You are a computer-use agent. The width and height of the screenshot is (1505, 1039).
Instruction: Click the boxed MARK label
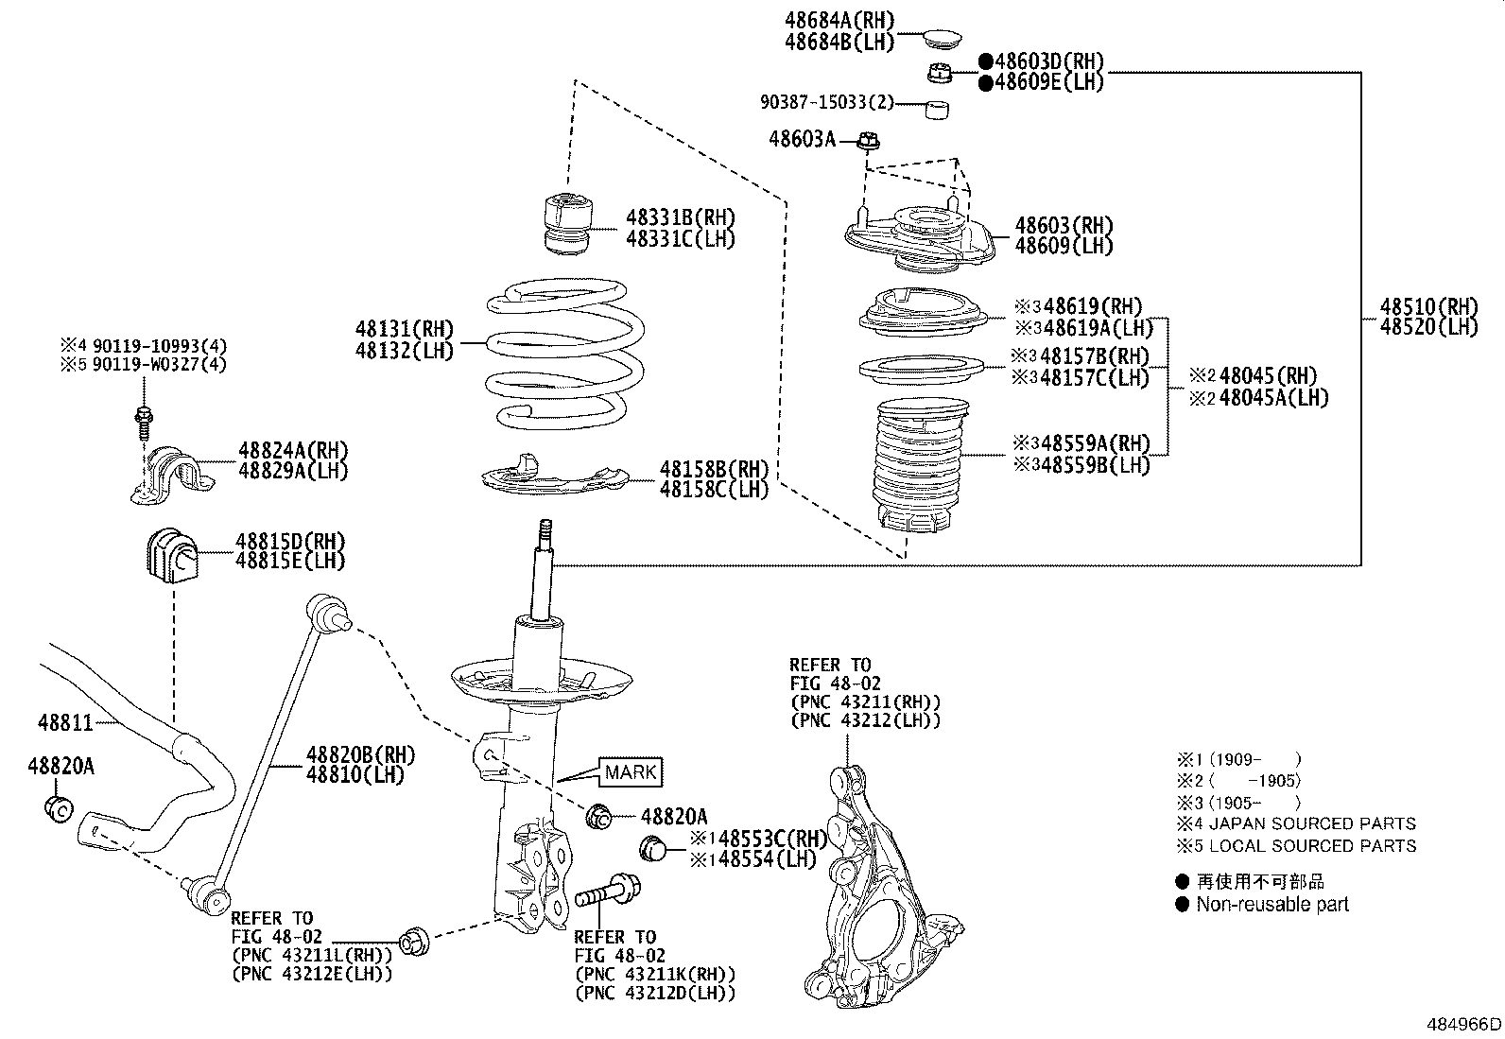pyautogui.click(x=630, y=772)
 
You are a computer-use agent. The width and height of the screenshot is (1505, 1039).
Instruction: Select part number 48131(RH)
pyautogui.click(x=404, y=330)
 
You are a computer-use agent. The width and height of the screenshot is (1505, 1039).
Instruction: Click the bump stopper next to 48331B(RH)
pyautogui.click(x=567, y=224)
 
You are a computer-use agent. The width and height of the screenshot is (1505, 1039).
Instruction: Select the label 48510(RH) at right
pyautogui.click(x=1427, y=306)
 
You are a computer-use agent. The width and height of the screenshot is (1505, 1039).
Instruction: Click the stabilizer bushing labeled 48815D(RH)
pyautogui.click(x=172, y=559)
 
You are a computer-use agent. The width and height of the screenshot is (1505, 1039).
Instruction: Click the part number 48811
pyautogui.click(x=65, y=723)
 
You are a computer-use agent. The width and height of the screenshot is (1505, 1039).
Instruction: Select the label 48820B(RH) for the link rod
pyautogui.click(x=360, y=754)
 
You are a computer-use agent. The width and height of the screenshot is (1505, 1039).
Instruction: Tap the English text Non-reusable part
pyautogui.click(x=1271, y=905)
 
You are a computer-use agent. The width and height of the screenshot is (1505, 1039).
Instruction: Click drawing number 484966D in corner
pyautogui.click(x=1463, y=1026)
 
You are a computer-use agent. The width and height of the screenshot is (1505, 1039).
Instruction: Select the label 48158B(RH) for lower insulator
pyautogui.click(x=714, y=469)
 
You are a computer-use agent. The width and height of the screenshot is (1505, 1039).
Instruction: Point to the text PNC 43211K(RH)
pyautogui.click(x=654, y=974)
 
